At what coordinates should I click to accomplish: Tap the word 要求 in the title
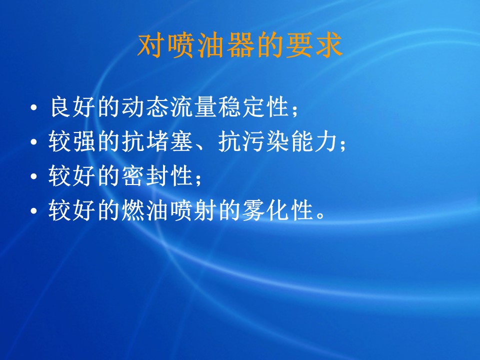coord(314,46)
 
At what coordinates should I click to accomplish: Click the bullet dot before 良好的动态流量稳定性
coord(34,107)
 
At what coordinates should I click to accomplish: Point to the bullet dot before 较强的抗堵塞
coord(34,141)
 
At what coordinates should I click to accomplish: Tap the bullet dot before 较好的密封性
coord(34,176)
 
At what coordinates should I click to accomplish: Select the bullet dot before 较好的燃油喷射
coord(34,211)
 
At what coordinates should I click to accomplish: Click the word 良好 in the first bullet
coord(72,107)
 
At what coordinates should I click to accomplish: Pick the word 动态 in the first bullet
coord(145,107)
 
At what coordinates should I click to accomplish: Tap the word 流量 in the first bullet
coord(193,107)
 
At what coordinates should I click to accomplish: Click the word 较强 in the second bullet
coord(71,141)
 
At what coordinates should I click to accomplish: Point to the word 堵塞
coord(169,141)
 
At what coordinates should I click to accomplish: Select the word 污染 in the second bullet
coord(265,141)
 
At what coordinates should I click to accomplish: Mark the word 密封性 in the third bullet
coord(156,176)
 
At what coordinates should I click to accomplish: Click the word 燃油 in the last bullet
coord(145,210)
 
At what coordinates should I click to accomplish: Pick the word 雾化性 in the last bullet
coord(277,210)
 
